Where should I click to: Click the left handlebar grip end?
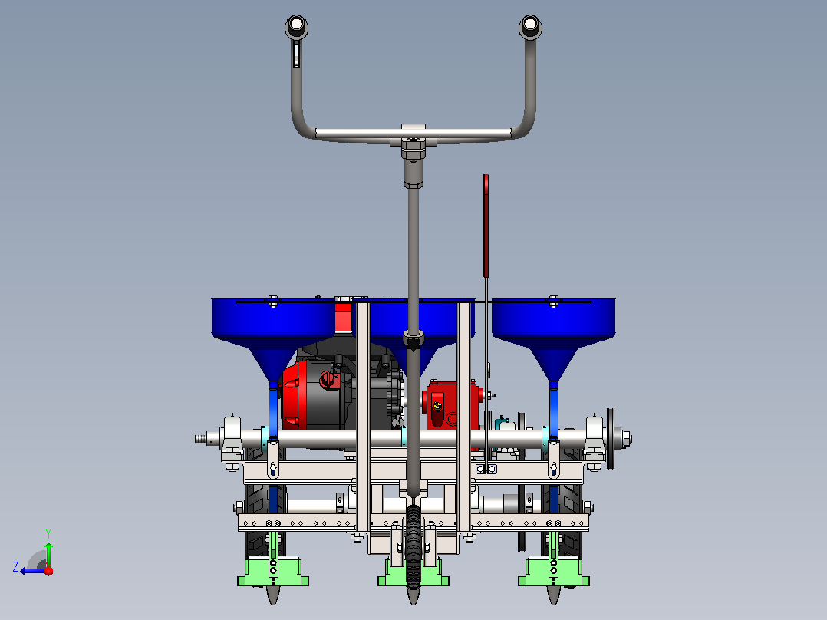pyautogui.click(x=296, y=26)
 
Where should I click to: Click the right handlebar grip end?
pyautogui.click(x=530, y=26)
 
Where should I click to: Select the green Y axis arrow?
pyautogui.click(x=48, y=555)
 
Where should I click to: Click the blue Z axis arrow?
pyautogui.click(x=33, y=571)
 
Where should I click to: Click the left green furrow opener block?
pyautogui.click(x=272, y=572)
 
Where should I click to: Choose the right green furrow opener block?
pyautogui.click(x=553, y=572)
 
